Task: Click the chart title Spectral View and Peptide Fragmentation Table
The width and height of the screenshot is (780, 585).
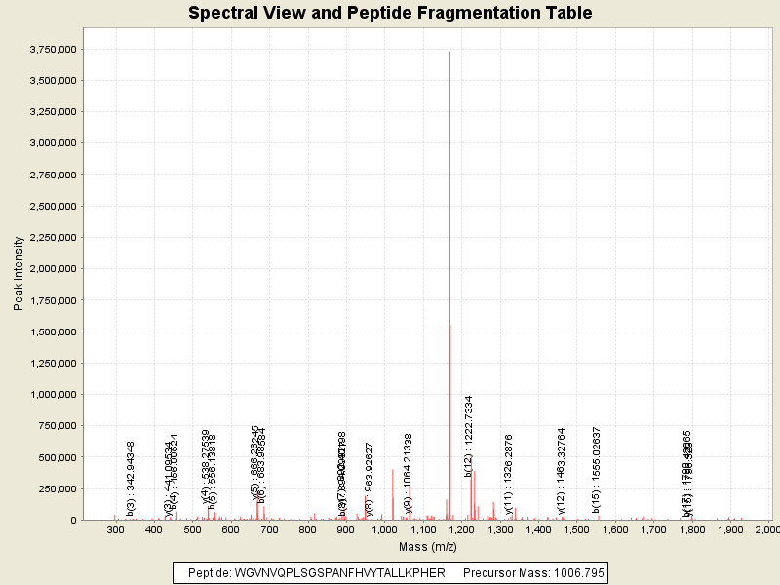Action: [x=390, y=13]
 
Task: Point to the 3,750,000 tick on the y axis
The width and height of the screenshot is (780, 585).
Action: [x=54, y=49]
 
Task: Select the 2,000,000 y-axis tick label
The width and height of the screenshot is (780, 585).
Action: [x=54, y=268]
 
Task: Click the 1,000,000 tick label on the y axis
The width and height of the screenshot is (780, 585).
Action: [x=54, y=394]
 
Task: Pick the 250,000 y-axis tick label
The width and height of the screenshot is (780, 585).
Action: [x=59, y=487]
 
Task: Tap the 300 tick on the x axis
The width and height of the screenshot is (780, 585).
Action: [x=115, y=529]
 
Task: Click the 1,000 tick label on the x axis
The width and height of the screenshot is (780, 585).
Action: [x=384, y=529]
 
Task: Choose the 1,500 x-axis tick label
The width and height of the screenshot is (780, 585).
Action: [x=576, y=529]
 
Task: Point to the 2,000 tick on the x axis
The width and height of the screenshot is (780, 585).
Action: [x=767, y=529]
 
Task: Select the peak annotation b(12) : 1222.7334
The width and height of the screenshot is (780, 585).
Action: [x=469, y=436]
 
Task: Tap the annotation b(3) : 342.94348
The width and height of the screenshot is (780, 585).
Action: [x=130, y=478]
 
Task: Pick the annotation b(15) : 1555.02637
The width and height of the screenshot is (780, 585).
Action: [x=596, y=470]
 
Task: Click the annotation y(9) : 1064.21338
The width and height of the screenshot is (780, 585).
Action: [x=408, y=473]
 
